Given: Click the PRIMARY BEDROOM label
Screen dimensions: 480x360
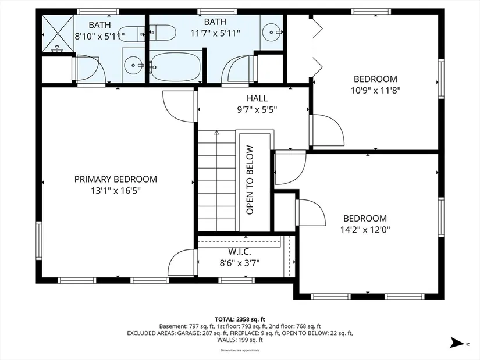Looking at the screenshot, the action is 116,179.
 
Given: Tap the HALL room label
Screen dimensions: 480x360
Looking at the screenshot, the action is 257,98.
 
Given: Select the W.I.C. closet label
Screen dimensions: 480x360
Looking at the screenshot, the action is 239,252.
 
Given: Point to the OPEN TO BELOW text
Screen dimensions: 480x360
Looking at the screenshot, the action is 250,180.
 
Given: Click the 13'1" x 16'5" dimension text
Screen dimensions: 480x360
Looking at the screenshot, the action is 116,191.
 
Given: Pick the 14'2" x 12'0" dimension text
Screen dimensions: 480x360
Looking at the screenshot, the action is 365,230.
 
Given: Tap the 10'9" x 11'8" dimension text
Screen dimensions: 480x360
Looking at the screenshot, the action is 376,91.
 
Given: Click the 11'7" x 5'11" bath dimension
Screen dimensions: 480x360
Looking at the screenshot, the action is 215,33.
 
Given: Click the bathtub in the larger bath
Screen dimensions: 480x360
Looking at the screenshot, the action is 175,67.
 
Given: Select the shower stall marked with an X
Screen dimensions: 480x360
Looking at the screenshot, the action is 58,34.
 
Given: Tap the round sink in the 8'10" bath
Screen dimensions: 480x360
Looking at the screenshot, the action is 133,65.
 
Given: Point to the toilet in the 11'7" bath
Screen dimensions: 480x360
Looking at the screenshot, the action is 162,33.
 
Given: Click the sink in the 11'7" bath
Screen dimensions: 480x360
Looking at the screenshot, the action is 272,31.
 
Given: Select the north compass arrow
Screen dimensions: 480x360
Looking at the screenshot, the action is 457,343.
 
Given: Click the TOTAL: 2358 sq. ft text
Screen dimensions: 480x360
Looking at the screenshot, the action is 240,320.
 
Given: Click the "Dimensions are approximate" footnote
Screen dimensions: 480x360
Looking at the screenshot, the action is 240,350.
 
